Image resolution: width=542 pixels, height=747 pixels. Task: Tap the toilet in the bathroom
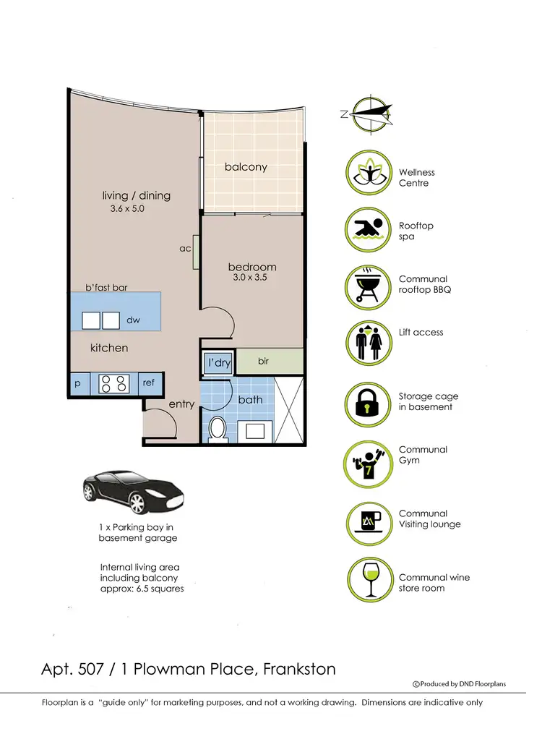(218, 429)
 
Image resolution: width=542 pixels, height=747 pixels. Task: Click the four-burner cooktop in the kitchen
(113, 383)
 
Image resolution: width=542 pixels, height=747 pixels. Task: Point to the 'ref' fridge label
(149, 383)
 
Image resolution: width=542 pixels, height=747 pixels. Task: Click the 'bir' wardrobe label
(263, 360)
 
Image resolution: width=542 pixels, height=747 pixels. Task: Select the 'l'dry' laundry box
(218, 362)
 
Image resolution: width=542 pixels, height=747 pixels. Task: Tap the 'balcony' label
(246, 167)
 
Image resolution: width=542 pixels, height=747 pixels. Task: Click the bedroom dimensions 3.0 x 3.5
(251, 277)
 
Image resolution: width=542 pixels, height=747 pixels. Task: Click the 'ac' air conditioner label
(184, 248)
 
